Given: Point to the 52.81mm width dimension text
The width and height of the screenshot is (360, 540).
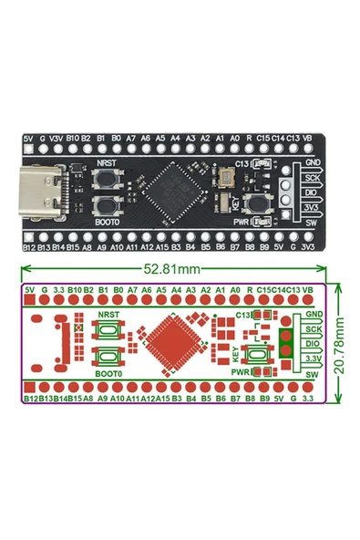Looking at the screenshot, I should coord(172,270).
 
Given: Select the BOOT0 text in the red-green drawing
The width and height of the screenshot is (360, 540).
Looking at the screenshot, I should coord(108,373).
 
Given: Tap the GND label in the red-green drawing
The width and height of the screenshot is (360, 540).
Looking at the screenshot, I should coord(314,314).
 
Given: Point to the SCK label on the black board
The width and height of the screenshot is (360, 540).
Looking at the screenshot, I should coord(312,176).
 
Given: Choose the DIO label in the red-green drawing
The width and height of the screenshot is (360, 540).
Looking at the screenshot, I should coord(314,343).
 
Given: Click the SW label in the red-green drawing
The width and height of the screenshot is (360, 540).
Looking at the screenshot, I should coord(312,375).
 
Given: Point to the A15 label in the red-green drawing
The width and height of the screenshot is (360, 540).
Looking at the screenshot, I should coord(161,399).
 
